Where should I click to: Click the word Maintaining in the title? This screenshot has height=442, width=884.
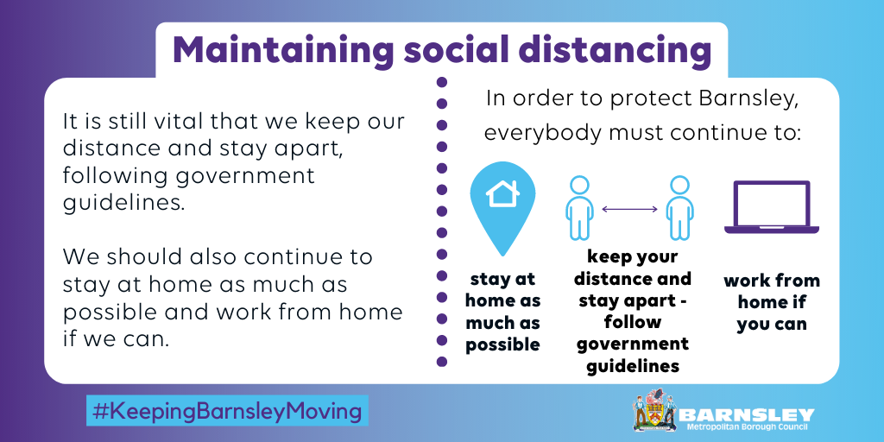pyautogui.click(x=283, y=50)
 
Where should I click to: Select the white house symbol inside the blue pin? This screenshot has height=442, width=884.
pyautogui.click(x=502, y=193)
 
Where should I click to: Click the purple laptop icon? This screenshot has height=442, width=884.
pyautogui.click(x=771, y=207)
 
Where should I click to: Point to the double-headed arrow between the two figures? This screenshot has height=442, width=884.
pyautogui.click(x=629, y=209)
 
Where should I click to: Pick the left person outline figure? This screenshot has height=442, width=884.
pyautogui.click(x=579, y=207)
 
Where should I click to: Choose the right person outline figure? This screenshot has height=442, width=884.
pyautogui.click(x=680, y=207)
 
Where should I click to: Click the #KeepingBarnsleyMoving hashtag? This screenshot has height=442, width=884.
pyautogui.click(x=227, y=410)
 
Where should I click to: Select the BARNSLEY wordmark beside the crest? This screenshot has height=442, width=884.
pyautogui.click(x=747, y=415)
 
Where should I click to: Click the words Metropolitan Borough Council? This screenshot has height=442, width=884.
pyautogui.click(x=750, y=428)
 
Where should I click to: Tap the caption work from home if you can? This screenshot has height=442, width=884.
pyautogui.click(x=772, y=302)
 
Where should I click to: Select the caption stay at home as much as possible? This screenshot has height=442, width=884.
pyautogui.click(x=502, y=312)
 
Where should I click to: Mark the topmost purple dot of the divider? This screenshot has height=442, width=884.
pyautogui.click(x=442, y=83)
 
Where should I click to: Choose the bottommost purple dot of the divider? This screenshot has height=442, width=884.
pyautogui.click(x=442, y=362)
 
